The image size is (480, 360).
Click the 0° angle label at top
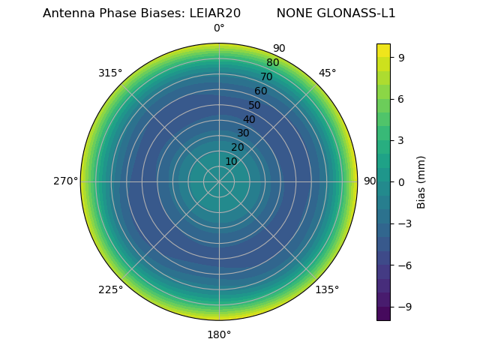219,28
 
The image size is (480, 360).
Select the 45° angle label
327,73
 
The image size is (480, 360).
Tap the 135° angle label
327,289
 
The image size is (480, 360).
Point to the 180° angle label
219,334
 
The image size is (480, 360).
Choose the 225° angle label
110,289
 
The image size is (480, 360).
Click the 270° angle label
65,181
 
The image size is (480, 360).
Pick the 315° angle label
110,73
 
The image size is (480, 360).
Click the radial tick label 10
231,162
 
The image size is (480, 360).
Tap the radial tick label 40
249,119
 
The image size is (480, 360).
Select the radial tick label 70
266,77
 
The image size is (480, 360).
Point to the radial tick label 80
272,63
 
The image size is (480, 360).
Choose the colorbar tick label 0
401,181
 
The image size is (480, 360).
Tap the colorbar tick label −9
404,307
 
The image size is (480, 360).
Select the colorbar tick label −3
404,223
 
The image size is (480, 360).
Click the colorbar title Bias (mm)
421,181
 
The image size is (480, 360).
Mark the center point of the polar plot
219,181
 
